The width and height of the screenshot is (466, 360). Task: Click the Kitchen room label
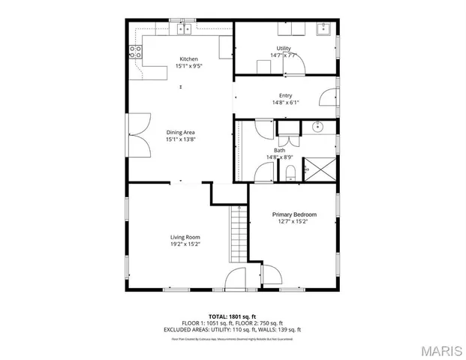189,59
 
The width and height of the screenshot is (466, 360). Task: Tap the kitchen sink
185,29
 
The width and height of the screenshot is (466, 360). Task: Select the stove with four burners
136,51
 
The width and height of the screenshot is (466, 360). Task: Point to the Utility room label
284,49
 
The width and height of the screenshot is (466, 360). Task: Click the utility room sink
324,30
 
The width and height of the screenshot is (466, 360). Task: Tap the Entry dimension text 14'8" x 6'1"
285,103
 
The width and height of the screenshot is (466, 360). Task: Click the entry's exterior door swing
327,97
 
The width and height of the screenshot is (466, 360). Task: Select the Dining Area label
180,132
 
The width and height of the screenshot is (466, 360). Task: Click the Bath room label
279,150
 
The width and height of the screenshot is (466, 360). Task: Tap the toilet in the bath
291,173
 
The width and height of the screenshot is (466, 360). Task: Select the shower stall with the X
320,169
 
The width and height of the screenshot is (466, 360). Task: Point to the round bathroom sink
318,127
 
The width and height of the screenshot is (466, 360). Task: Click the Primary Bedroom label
293,214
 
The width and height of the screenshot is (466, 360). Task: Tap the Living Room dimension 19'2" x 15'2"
184,244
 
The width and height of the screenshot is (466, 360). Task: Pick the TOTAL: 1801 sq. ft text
233,316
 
